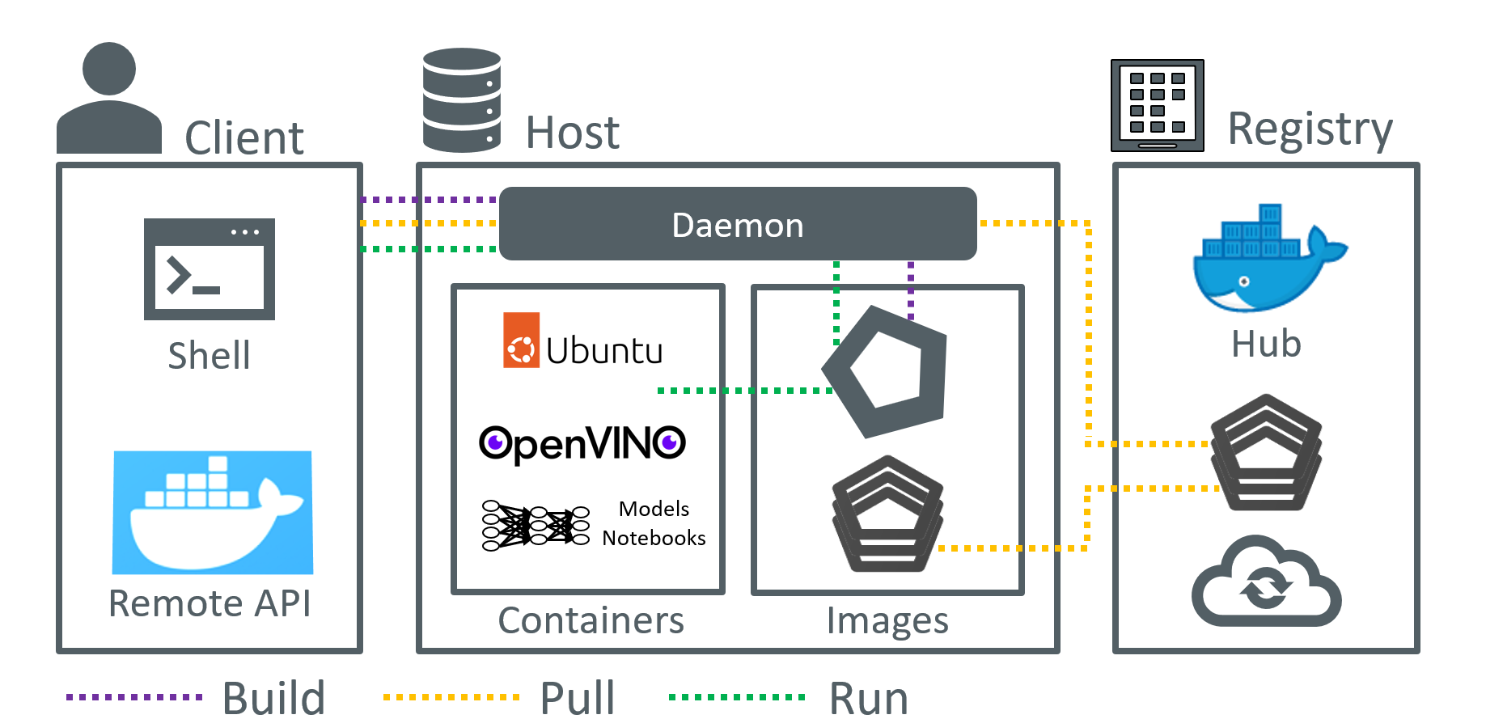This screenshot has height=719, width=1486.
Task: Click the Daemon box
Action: [x=738, y=224]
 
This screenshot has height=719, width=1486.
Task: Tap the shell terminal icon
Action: [x=210, y=269]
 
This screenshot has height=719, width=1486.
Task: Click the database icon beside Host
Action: [x=462, y=99]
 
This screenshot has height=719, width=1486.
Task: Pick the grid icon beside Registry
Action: [x=1158, y=105]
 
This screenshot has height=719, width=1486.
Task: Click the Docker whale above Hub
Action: [x=1265, y=259]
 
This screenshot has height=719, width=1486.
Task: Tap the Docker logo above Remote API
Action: [x=213, y=512]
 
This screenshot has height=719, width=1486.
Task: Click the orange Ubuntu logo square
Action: [x=521, y=340]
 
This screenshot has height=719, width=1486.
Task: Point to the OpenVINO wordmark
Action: [x=582, y=443]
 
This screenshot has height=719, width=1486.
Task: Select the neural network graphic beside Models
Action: [x=536, y=525]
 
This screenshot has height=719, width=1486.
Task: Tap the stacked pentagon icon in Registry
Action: [x=1266, y=453]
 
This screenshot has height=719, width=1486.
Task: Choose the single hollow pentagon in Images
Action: [x=887, y=372]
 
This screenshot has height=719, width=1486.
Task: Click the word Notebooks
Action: [x=654, y=538]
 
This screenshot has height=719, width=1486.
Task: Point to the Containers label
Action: [x=591, y=620]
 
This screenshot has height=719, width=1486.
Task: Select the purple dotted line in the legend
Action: [x=134, y=696]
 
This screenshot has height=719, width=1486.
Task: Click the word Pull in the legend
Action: [x=578, y=697]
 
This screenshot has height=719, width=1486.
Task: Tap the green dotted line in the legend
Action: [x=737, y=696]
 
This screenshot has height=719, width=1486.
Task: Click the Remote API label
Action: [x=210, y=603]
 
